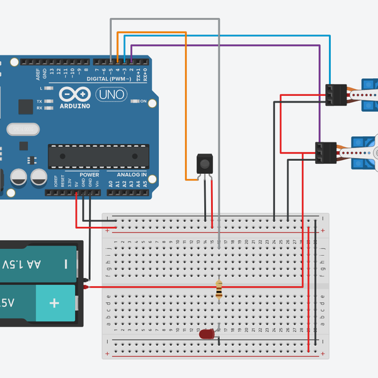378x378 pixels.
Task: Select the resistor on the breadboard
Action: coord(219,289)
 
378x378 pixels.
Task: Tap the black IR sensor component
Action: coord(204,164)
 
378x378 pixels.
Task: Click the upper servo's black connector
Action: coord(336,94)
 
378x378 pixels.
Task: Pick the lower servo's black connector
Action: coord(326,152)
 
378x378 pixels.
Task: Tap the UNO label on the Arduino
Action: coord(111,94)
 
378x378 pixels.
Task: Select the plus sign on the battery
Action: coord(54,303)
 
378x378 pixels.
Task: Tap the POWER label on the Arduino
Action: coord(89,175)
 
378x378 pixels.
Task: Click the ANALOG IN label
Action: coord(131,175)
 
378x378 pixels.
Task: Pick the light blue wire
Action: coord(227,37)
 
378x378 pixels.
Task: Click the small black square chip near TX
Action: coord(25,106)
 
